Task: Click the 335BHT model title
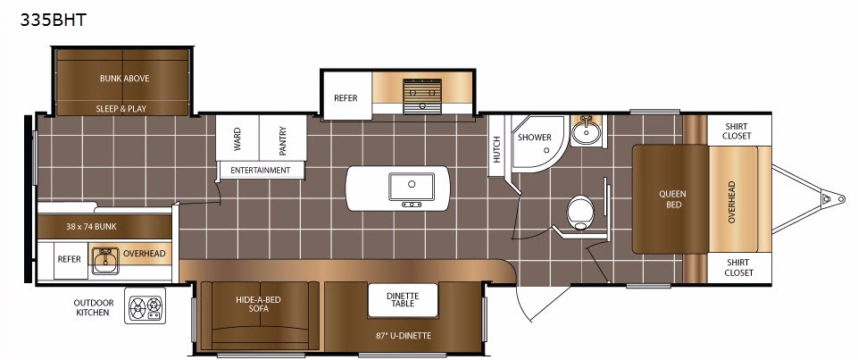[53, 21]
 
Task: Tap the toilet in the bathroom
[579, 213]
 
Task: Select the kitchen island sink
[412, 187]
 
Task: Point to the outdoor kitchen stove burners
[145, 306]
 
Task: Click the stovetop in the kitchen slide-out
[422, 96]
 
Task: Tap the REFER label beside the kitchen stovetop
[346, 98]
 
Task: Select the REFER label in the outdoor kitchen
[70, 259]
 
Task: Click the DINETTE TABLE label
[403, 300]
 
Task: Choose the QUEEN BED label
[672, 199]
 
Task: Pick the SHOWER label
[535, 138]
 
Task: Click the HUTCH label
[496, 149]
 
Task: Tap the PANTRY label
[283, 140]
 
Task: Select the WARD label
[237, 140]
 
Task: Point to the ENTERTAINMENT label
[261, 170]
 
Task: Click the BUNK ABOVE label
[124, 79]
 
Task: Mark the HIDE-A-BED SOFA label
[260, 305]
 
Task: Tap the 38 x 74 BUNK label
[90, 226]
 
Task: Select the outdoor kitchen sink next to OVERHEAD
[105, 261]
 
